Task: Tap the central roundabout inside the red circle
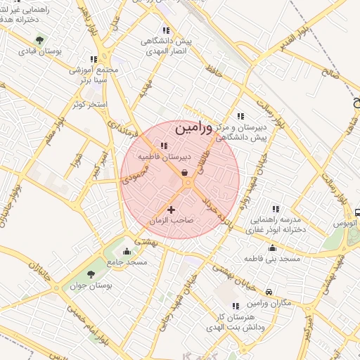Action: [188, 184]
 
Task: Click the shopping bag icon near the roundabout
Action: [184, 172]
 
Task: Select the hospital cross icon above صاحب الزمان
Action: [171, 210]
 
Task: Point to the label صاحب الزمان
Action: [171, 221]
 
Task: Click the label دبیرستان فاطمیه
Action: [162, 157]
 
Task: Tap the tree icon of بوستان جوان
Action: [90, 274]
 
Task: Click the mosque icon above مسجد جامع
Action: [127, 251]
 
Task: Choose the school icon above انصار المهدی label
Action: [166, 30]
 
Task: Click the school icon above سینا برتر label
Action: [94, 60]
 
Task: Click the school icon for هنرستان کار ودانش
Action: [235, 306]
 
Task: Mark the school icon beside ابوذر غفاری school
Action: [276, 209]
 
